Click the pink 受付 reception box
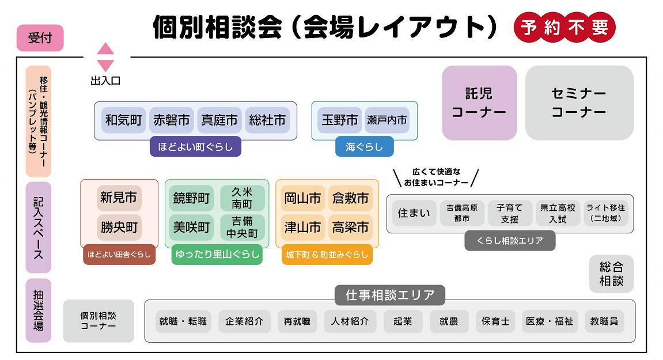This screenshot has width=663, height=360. point(40,39)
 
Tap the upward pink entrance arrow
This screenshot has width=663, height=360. point(105,48)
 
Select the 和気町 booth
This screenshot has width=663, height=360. point(123,120)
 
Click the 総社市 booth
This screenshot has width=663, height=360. point(267,120)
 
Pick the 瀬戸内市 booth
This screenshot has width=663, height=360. point(387,120)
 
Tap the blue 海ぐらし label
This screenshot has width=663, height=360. point(364,147)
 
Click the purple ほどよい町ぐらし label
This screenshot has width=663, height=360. point(195,147)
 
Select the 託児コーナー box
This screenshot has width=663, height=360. point(479,103)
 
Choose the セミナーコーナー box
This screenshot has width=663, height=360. point(579,103)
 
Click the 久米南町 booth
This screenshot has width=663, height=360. point(242,198)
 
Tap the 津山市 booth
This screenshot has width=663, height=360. point(302,228)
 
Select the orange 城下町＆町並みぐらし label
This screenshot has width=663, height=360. point(327,255)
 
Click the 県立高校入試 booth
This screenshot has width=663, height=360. point(558,213)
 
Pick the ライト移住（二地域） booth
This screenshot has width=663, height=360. point(605,213)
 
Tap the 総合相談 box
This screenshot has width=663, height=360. point(611,274)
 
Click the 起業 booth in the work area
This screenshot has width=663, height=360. point(403,321)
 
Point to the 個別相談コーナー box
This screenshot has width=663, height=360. point(98,321)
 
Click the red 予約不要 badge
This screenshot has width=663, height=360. point(564,28)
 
